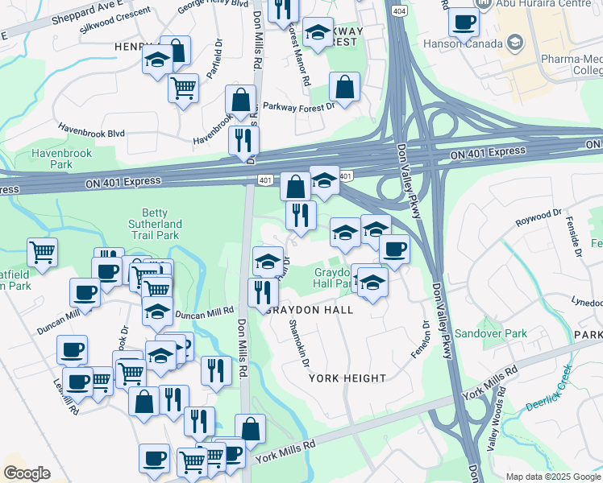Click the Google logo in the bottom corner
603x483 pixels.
tap(27, 473)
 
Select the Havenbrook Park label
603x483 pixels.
tap(61, 159)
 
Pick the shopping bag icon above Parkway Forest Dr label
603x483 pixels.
tap(344, 89)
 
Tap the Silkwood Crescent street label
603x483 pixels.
tap(115, 20)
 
